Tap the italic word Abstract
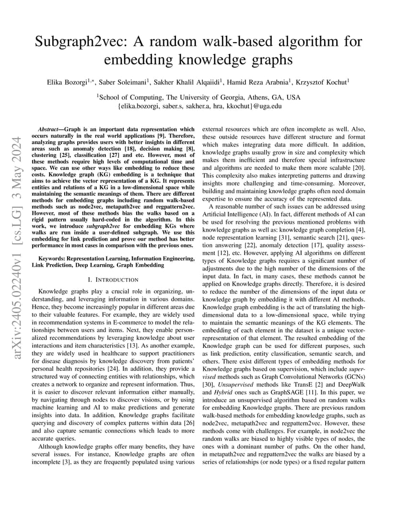48,129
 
